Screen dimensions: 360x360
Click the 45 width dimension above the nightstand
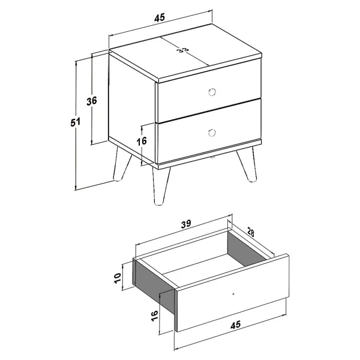(x=160, y=17)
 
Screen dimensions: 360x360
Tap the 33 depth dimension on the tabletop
(x=184, y=50)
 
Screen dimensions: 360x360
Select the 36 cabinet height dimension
(x=92, y=101)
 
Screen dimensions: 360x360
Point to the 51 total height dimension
(x=76, y=122)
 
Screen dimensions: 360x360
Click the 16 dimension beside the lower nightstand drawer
(x=142, y=141)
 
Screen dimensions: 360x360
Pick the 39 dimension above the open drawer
(x=185, y=224)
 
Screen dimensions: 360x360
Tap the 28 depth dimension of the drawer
(x=251, y=232)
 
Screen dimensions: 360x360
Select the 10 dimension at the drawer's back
(x=118, y=278)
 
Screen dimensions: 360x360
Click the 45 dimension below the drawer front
(x=236, y=325)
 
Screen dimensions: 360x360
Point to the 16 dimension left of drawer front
(x=154, y=316)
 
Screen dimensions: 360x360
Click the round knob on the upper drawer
(x=212, y=92)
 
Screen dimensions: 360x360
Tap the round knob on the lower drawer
(x=211, y=133)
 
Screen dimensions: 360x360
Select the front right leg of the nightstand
(x=247, y=164)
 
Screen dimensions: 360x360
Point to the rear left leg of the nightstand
(x=121, y=164)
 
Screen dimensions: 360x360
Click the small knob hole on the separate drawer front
(x=233, y=293)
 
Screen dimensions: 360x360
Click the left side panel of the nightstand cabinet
(x=131, y=108)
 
